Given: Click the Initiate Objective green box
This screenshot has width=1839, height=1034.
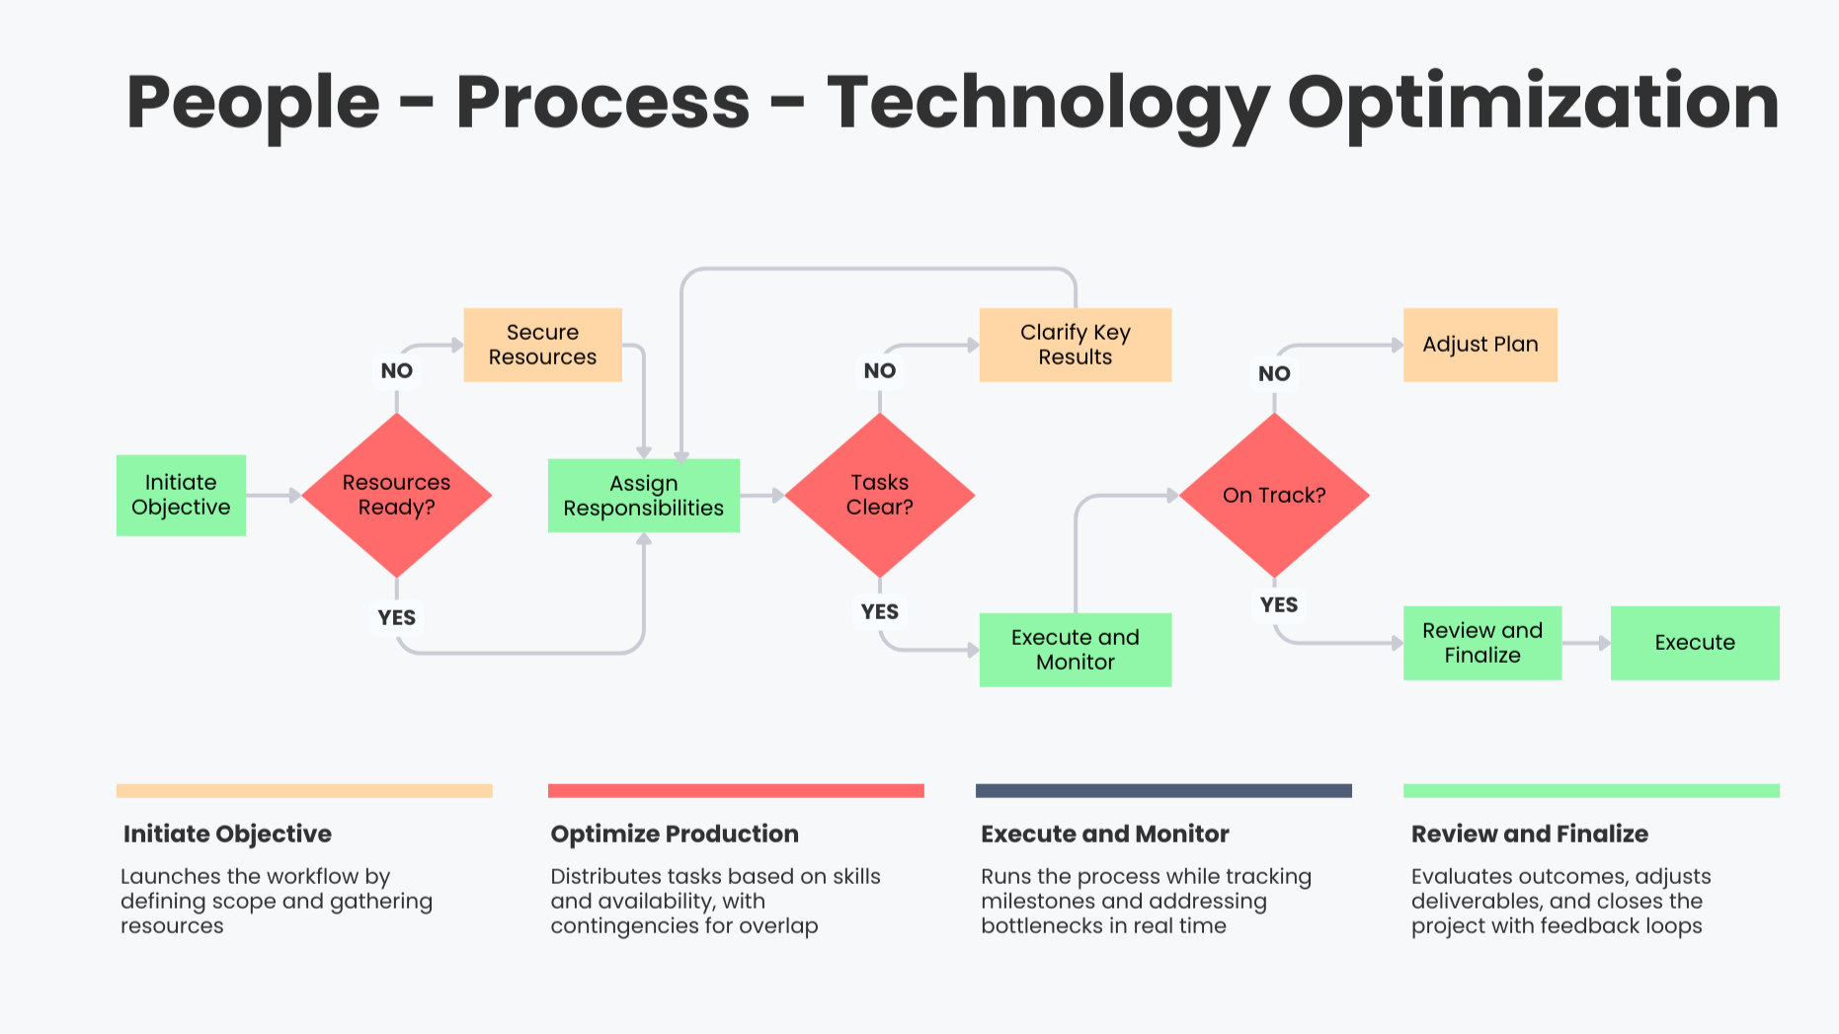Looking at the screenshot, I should pos(181,495).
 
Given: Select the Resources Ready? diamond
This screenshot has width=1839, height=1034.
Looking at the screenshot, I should pos(396,495).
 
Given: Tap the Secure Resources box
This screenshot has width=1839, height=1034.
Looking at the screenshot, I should pos(542,345).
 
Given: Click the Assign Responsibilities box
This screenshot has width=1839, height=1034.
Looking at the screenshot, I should pos(643,496).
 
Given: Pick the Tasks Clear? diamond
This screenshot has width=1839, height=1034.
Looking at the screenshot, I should pos(879,495).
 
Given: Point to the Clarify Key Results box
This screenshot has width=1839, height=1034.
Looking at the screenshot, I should pos(1075,345).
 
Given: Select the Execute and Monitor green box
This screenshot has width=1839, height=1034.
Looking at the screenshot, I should pos(1075,650).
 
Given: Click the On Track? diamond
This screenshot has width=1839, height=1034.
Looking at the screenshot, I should pos(1274,495).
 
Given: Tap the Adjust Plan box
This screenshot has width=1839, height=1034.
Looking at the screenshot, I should pos(1479,345).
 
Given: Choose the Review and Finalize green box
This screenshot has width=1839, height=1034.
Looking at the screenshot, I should pos(1481,643).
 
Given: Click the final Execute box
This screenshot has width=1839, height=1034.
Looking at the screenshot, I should pos(1694,643).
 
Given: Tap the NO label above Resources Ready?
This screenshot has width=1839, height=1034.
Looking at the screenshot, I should pos(396,371).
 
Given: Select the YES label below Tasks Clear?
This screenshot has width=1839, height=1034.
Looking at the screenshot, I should pos(879,612).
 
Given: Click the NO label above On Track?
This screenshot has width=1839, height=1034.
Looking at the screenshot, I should pos(1274,374).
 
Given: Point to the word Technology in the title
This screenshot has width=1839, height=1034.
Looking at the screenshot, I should pos(1047,103).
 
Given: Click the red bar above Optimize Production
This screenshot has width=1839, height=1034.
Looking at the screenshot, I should pos(736,791).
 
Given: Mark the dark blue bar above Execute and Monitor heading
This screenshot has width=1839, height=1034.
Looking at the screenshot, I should pos(1162,791).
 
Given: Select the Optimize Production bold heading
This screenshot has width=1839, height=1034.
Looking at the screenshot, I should pos(675,835).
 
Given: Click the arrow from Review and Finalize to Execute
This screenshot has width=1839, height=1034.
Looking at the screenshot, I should pos(1586,643).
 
